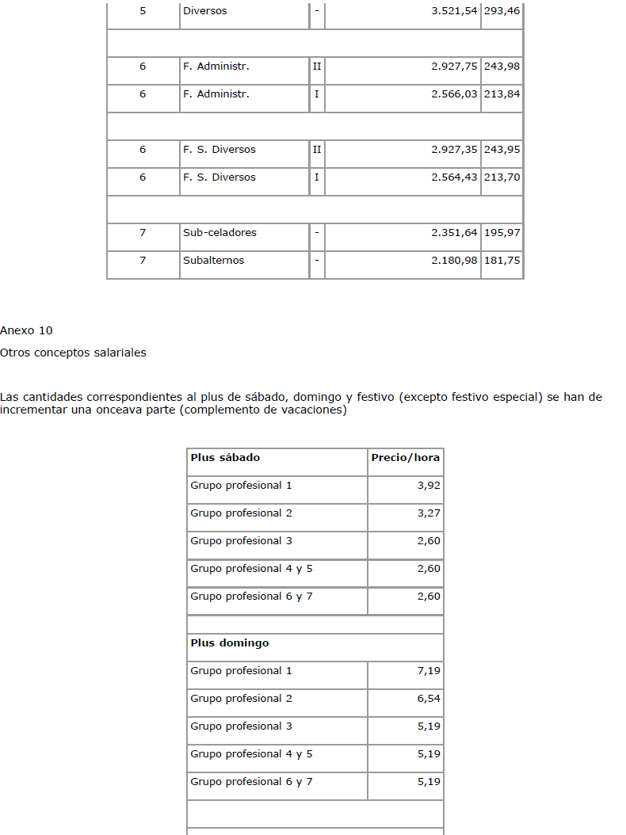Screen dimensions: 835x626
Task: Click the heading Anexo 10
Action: [26, 330]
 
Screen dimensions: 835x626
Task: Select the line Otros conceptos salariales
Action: [73, 353]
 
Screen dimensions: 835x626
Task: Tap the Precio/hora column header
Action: [405, 458]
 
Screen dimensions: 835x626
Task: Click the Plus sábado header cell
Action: [225, 458]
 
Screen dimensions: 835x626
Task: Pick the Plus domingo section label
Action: [230, 643]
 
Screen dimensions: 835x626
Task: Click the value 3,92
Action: [429, 486]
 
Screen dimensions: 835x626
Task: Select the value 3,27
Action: [429, 513]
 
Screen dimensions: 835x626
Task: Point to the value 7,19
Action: [429, 671]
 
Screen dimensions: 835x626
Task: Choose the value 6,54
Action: [429, 699]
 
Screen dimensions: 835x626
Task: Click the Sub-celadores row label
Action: [213, 233]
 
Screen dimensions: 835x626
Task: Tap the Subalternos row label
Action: [213, 261]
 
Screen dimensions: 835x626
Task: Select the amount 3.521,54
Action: [454, 11]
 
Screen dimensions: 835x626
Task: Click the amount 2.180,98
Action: [454, 261]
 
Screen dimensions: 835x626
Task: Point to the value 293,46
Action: [502, 11]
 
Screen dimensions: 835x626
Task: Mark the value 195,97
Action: [502, 233]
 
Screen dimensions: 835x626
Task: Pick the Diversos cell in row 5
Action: [204, 11]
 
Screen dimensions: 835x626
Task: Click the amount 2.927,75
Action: [454, 67]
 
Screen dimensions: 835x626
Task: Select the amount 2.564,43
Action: [454, 177]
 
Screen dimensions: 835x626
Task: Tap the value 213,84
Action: [502, 94]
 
